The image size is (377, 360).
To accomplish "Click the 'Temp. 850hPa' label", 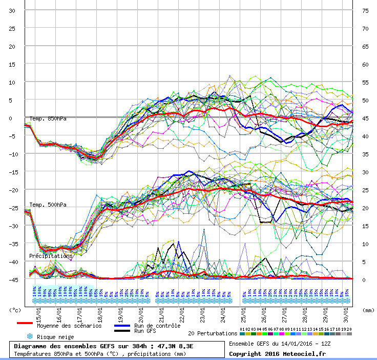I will (48, 119).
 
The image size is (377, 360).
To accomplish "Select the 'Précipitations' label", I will (51, 256).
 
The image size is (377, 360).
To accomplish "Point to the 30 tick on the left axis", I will (12, 11).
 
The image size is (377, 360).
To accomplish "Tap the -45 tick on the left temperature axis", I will (12, 280).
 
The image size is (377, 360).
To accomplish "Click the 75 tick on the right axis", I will (365, 11).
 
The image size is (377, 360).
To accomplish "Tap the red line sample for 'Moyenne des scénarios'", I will (25, 323).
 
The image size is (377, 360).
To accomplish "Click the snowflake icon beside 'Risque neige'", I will (30, 336).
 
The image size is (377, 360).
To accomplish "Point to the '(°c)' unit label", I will (15, 310).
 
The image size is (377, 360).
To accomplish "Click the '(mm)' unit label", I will (368, 310).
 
